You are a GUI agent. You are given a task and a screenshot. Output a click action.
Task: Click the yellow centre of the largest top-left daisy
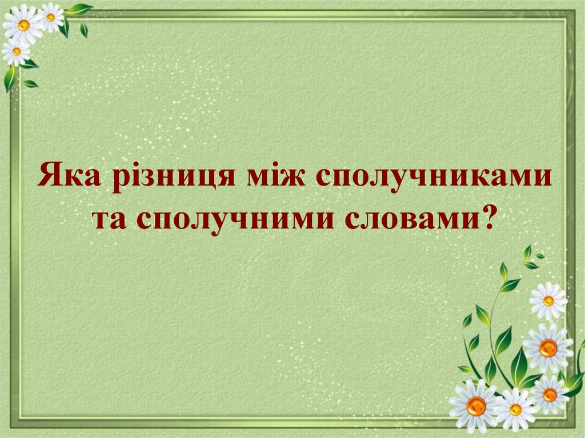click(23, 25)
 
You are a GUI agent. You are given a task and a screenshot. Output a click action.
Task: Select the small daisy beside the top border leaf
click(51, 17)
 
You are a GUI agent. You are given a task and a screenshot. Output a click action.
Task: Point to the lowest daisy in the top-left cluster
click(15, 51)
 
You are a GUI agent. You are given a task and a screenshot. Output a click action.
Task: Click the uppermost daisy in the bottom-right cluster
click(548, 300)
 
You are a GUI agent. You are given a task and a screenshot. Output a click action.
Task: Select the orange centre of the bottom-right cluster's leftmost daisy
click(476, 406)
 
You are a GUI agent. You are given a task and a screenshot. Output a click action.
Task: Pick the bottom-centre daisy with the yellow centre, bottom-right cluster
click(515, 409)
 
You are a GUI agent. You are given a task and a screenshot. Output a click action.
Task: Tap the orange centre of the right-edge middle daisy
click(548, 348)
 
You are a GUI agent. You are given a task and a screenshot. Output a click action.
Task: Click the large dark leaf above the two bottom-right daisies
click(519, 365)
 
